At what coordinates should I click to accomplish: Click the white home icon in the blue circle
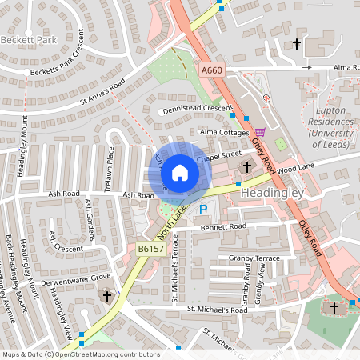(x=180, y=173)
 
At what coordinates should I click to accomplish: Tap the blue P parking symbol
(x=203, y=210)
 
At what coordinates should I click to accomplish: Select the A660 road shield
(x=212, y=71)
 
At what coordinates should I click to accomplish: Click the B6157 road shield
(x=150, y=250)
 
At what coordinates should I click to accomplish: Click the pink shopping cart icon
(x=260, y=131)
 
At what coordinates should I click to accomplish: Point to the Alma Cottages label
(x=219, y=132)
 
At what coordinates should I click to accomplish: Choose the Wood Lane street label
(x=298, y=167)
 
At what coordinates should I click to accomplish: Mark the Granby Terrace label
(x=254, y=258)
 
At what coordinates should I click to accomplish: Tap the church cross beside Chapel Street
(x=246, y=167)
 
